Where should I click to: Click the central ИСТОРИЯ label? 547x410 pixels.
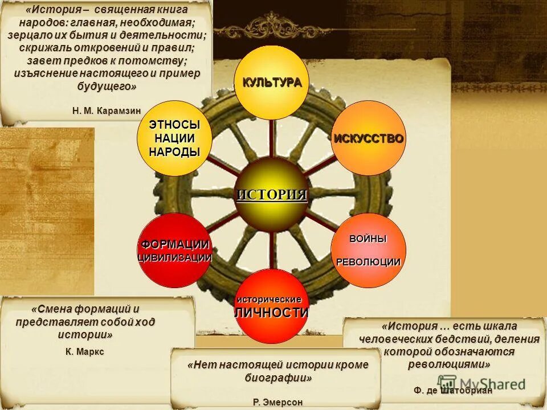point(272,194)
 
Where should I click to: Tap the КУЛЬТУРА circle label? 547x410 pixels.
point(272,82)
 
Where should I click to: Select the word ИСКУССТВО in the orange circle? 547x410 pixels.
point(369,138)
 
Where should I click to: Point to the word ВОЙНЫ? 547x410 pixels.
point(368,239)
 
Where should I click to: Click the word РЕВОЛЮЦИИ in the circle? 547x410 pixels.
point(368,261)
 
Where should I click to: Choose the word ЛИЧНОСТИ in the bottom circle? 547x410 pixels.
point(272,312)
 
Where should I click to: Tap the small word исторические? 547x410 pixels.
point(269,299)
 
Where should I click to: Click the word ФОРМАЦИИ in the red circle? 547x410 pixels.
point(175,244)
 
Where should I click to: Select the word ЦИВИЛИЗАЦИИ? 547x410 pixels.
point(175,257)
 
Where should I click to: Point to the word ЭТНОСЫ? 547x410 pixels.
point(174,125)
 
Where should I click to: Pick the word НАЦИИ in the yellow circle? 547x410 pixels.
point(174,138)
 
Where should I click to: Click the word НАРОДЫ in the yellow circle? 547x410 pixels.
point(174,151)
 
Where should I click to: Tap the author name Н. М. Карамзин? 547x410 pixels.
point(107,110)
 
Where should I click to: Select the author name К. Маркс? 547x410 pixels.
point(85,351)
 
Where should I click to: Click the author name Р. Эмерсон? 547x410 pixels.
point(277,402)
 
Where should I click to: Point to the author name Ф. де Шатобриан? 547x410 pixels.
point(453,391)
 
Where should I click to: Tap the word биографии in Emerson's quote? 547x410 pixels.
point(277,378)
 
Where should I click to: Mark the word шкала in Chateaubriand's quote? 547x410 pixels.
point(501,326)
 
